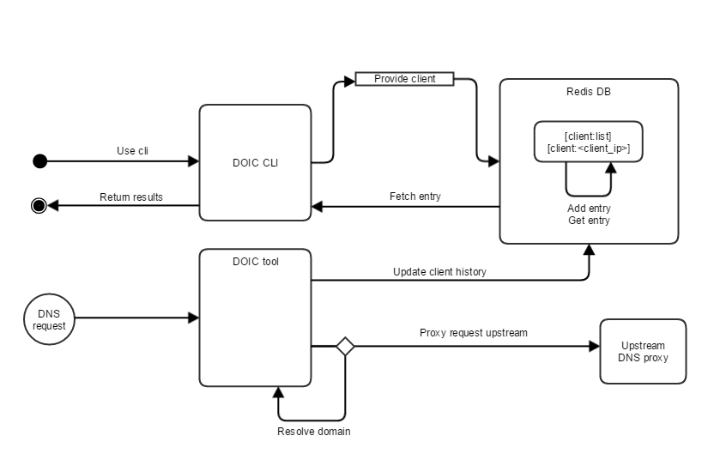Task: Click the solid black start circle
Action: [x=39, y=160]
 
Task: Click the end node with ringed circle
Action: [x=39, y=206]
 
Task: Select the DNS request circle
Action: [x=48, y=319]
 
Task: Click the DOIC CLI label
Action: [x=256, y=163]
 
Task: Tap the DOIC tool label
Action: [x=256, y=261]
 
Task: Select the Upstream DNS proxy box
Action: [x=642, y=351]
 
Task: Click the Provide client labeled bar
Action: [x=404, y=79]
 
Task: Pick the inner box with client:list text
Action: [x=588, y=142]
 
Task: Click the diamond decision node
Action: [x=345, y=347]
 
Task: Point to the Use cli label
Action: [x=132, y=151]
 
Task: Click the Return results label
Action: [x=130, y=197]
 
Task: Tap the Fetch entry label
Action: [x=415, y=197]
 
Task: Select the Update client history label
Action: [x=439, y=271]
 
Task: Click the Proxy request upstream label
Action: [x=473, y=332]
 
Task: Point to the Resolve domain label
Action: [x=313, y=431]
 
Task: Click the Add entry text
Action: [x=588, y=209]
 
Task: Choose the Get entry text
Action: [x=588, y=221]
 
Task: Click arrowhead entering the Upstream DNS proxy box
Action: [x=594, y=347]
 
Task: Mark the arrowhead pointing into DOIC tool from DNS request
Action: [x=194, y=319]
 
